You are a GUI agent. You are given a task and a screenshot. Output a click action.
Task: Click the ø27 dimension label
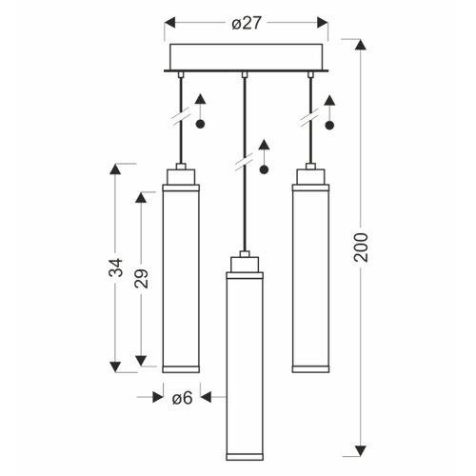(247, 23)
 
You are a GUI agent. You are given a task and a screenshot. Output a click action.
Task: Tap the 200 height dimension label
(361, 248)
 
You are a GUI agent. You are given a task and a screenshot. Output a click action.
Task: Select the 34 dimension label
(115, 268)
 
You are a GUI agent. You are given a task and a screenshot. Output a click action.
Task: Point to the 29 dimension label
(141, 278)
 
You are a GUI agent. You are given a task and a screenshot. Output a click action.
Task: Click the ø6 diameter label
(183, 398)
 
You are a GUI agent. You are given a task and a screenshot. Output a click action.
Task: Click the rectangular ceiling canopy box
(247, 57)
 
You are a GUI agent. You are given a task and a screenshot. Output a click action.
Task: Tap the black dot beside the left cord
(200, 124)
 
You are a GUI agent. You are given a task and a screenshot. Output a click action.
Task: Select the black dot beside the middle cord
(264, 169)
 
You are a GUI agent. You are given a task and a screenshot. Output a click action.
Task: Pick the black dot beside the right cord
(329, 126)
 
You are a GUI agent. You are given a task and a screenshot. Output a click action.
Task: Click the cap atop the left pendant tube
(181, 177)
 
